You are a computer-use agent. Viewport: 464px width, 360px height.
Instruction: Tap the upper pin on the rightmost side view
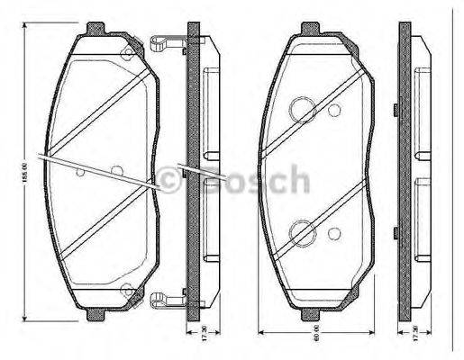(x=397, y=112)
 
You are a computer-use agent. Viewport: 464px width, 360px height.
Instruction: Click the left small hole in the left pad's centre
(x=80, y=170)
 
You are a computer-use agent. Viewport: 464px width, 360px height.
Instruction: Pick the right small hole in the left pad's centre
(x=114, y=170)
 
